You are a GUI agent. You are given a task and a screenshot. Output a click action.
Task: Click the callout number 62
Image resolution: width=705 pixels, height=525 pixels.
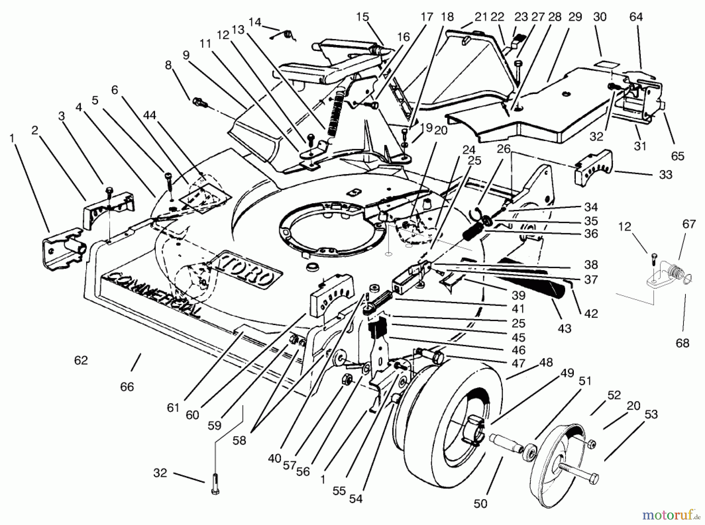pyautogui.click(x=81, y=360)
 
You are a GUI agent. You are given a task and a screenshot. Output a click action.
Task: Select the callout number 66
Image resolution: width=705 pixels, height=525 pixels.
pyautogui.click(x=127, y=387)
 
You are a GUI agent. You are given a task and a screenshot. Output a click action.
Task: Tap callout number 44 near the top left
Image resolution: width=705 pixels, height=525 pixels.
pyautogui.click(x=150, y=115)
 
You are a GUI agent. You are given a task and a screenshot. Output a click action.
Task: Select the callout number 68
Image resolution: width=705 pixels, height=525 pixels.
pyautogui.click(x=682, y=343)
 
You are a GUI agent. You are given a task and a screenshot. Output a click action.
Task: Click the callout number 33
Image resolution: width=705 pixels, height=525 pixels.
pyautogui.click(x=665, y=175)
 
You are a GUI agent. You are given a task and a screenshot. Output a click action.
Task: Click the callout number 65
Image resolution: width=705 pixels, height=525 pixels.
pyautogui.click(x=678, y=156)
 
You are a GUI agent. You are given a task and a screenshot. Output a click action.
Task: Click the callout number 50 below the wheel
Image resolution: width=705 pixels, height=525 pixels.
pyautogui.click(x=480, y=503)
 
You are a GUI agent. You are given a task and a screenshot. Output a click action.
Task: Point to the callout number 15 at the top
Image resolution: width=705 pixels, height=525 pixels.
pyautogui.click(x=363, y=17)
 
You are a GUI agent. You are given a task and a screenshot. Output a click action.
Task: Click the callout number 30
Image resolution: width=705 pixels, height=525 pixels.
pyautogui.click(x=600, y=17)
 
